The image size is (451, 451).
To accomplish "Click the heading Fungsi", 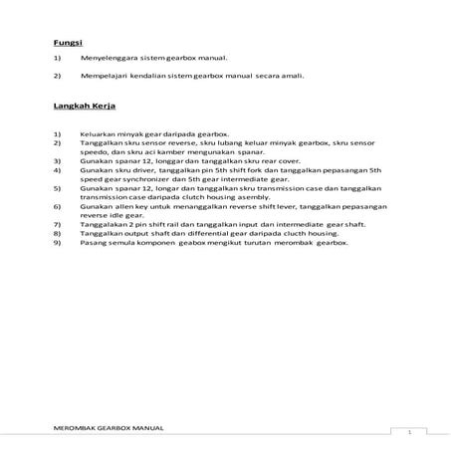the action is [68, 43].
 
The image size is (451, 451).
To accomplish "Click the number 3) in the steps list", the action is [59, 159].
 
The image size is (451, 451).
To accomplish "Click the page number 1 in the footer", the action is [408, 432].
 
